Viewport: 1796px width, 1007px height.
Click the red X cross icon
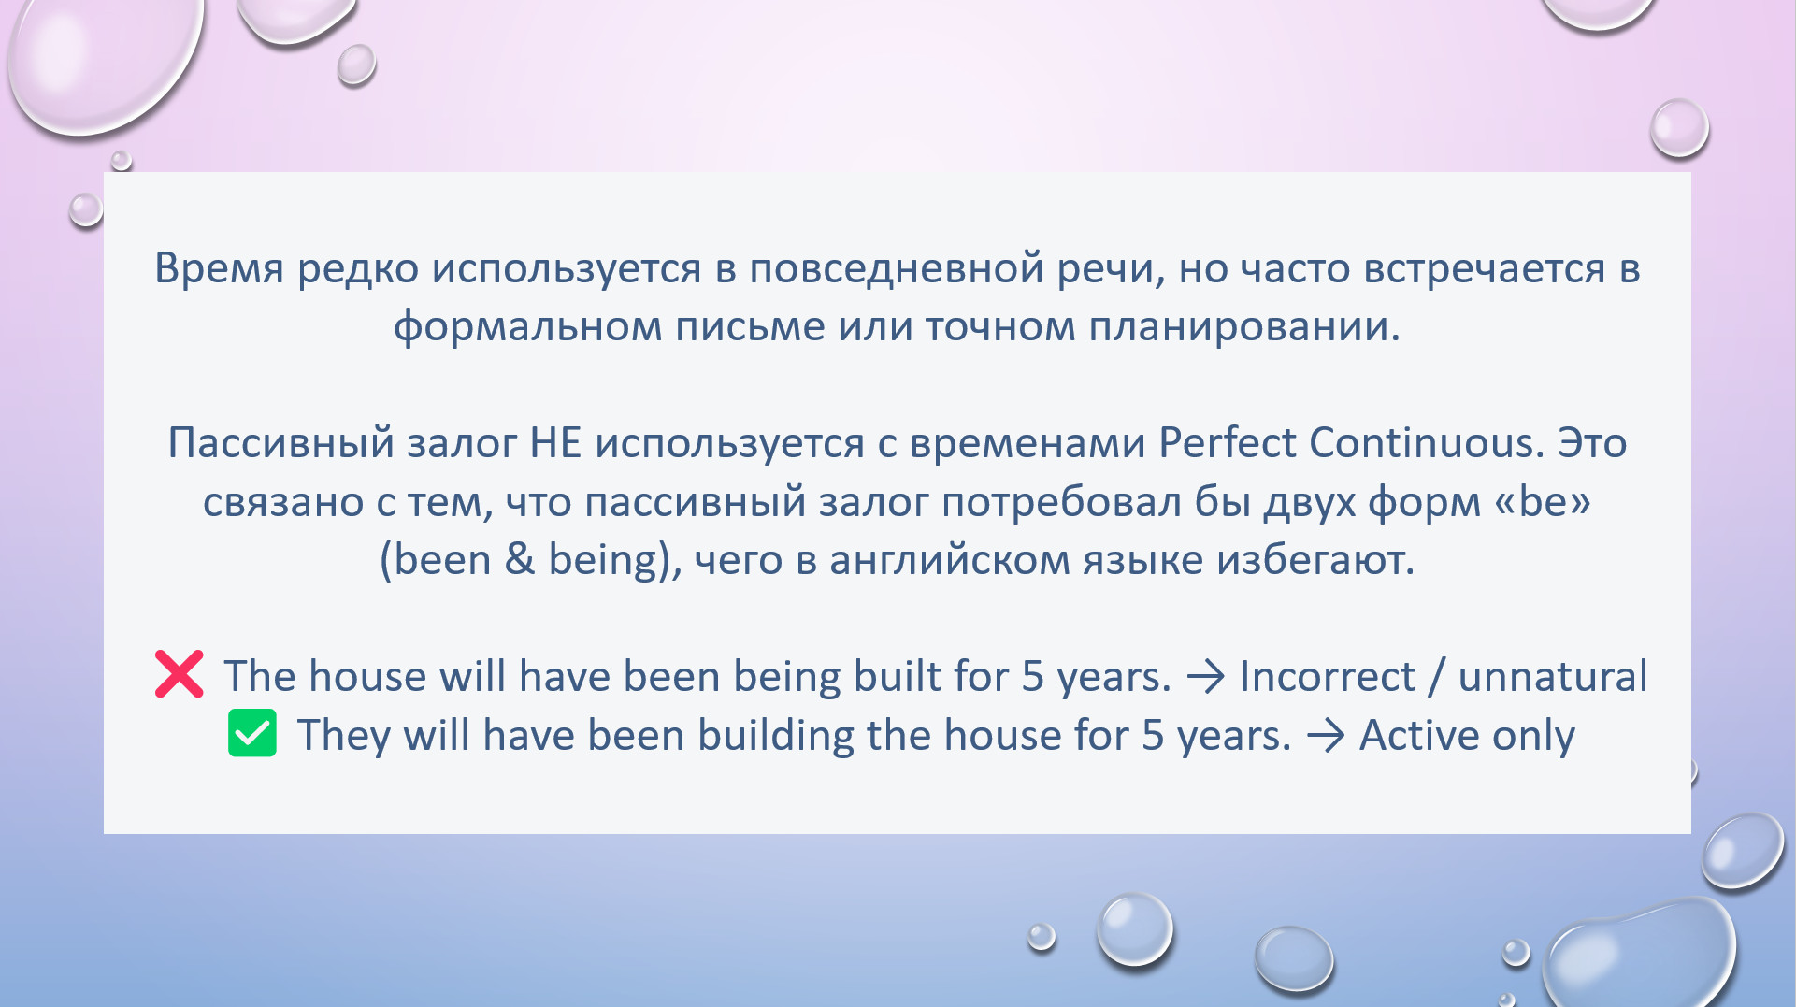(x=179, y=674)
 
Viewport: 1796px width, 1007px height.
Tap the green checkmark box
(x=252, y=733)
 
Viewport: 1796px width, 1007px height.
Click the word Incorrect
(x=1328, y=676)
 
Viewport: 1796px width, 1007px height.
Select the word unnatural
(x=1553, y=676)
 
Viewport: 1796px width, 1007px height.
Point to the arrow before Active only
(x=1326, y=736)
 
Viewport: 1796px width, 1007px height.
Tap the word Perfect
(x=1228, y=442)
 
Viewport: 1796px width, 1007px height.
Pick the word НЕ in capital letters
(x=556, y=443)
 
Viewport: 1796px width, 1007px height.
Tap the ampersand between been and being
(x=520, y=560)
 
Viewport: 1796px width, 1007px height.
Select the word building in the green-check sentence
(x=776, y=735)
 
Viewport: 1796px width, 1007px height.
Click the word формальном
(x=527, y=327)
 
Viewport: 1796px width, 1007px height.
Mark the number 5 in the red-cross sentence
(x=1032, y=677)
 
